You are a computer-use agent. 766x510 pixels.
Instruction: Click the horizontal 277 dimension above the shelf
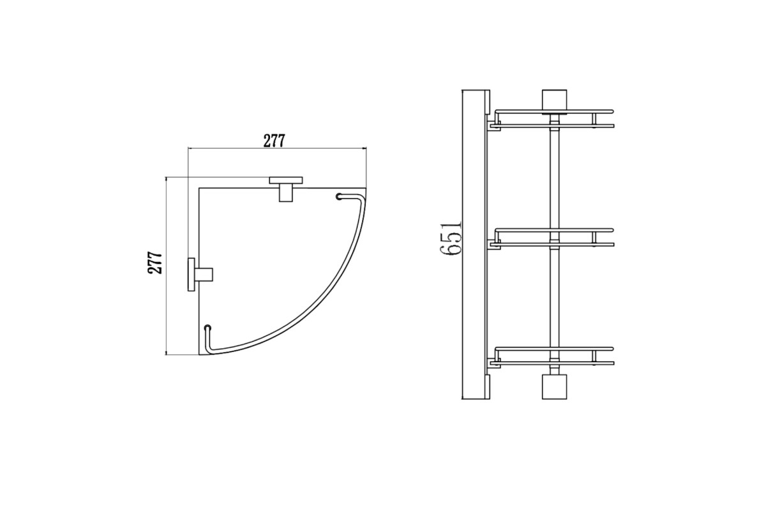pyautogui.click(x=274, y=141)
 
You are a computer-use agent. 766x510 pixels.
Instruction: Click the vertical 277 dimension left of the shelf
pyautogui.click(x=155, y=263)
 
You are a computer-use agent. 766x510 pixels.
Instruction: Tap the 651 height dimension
pyautogui.click(x=451, y=239)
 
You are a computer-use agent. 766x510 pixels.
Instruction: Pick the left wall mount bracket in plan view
pyautogui.click(x=200, y=274)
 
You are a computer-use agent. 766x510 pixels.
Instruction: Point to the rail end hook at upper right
pyautogui.click(x=339, y=196)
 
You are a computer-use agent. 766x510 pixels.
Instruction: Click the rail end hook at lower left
pyautogui.click(x=207, y=328)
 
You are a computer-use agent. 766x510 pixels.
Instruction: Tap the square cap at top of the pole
pyautogui.click(x=554, y=101)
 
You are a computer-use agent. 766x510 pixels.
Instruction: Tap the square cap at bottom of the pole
pyautogui.click(x=554, y=387)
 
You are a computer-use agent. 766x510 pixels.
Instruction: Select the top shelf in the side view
pyautogui.click(x=554, y=119)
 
